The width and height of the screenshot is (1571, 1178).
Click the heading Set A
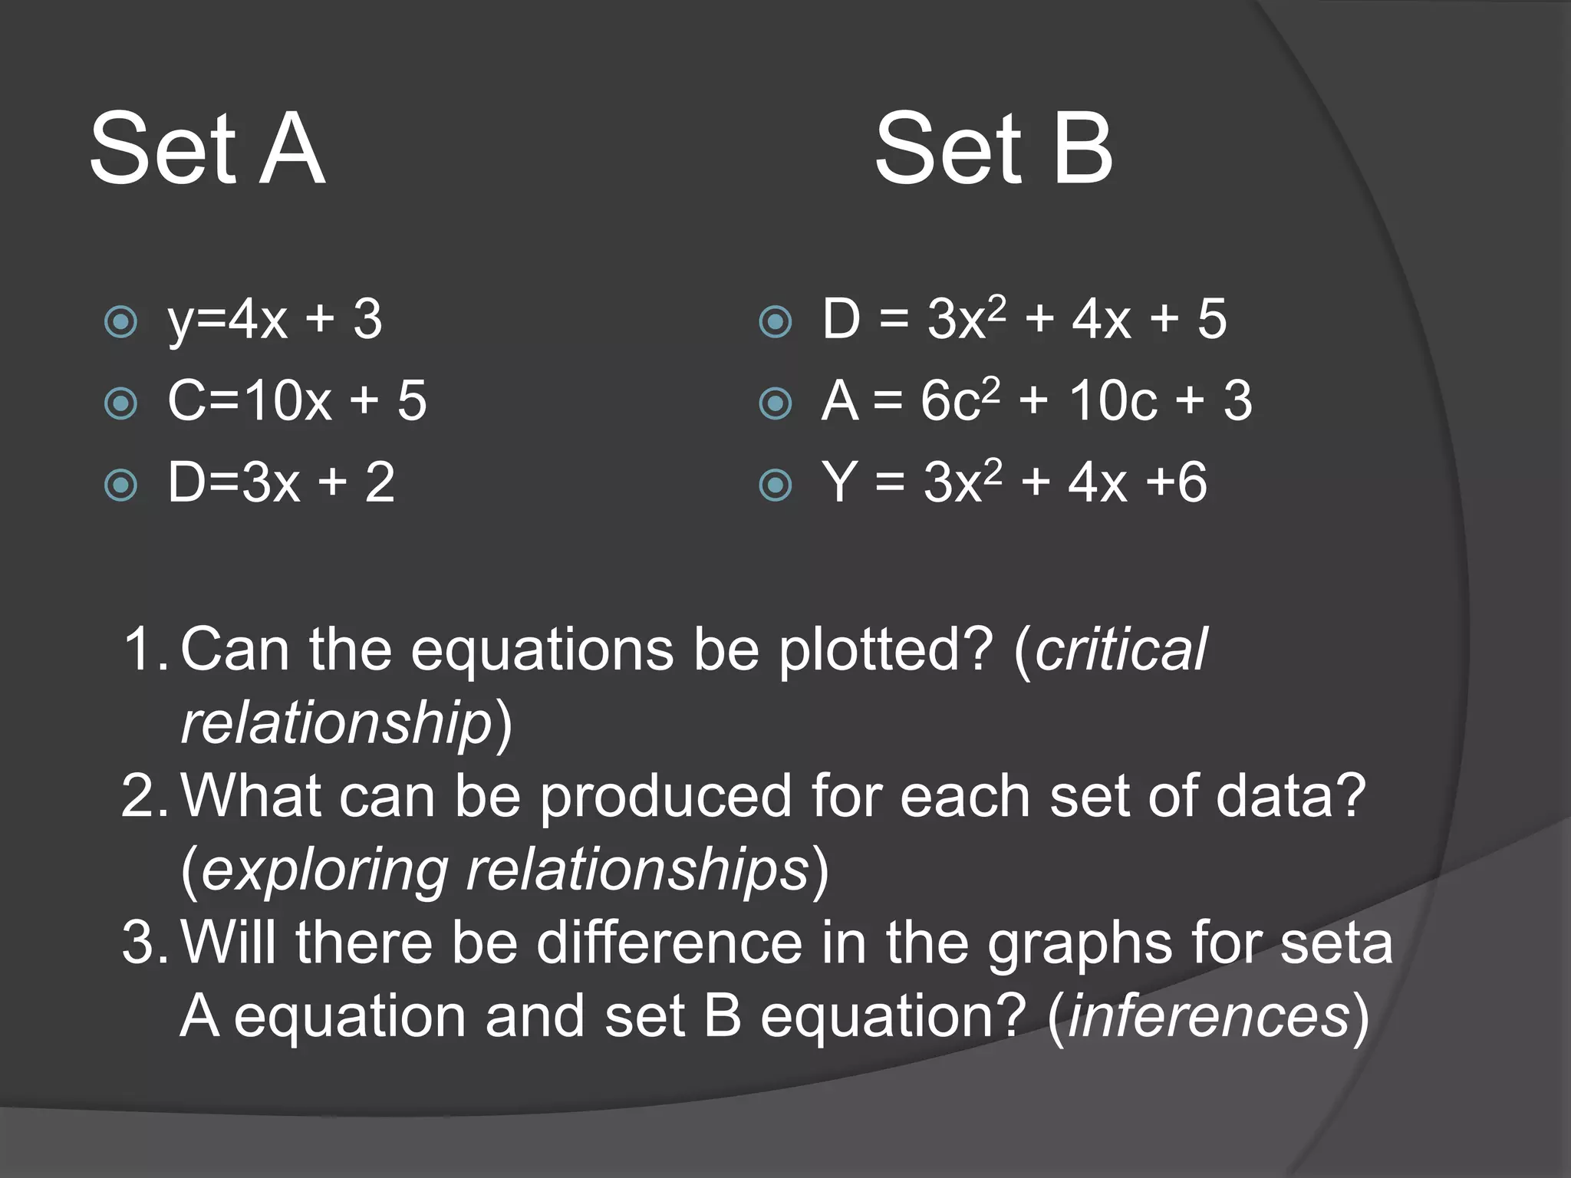click(207, 149)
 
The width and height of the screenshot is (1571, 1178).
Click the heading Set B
click(993, 149)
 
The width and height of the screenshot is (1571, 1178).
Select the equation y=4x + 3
click(275, 320)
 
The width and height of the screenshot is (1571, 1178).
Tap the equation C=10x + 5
click(297, 401)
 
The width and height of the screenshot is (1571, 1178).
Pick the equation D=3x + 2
click(281, 483)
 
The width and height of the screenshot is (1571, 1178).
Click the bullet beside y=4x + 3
click(120, 322)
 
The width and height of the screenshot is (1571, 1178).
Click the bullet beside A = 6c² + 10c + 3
click(775, 403)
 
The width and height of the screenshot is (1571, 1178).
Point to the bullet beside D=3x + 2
click(120, 485)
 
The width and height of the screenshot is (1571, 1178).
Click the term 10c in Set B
click(1112, 401)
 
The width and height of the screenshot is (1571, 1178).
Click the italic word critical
click(1121, 650)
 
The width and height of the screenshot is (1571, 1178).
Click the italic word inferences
click(1208, 1016)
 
